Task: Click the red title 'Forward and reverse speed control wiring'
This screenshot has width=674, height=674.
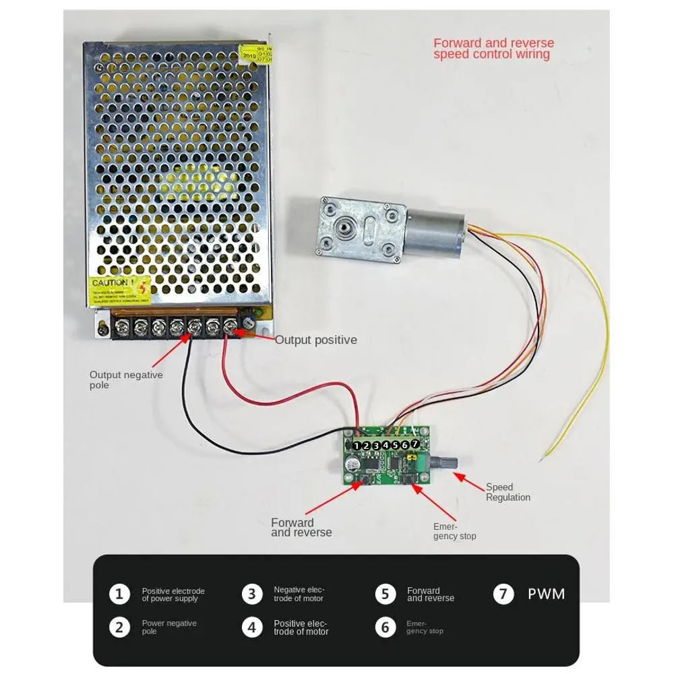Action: click(x=493, y=49)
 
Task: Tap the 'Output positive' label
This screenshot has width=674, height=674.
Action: click(x=315, y=340)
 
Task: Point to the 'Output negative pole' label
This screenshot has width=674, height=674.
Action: click(x=126, y=379)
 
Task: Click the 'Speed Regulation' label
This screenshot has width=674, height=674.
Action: click(x=508, y=492)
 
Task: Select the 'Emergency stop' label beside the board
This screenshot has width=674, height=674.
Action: click(x=454, y=531)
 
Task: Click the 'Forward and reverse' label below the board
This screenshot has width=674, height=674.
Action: click(x=301, y=527)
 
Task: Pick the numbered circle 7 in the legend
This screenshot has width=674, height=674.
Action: click(x=503, y=594)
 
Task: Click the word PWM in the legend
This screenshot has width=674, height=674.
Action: click(x=546, y=594)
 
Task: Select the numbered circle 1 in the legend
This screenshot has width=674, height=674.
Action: click(x=119, y=594)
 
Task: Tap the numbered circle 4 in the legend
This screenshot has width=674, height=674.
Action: click(x=251, y=627)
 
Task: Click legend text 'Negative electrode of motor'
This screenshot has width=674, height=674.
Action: click(x=299, y=594)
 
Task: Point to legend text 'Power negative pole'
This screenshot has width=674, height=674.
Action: click(x=169, y=627)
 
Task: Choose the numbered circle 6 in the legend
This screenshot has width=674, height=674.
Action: click(x=385, y=627)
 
